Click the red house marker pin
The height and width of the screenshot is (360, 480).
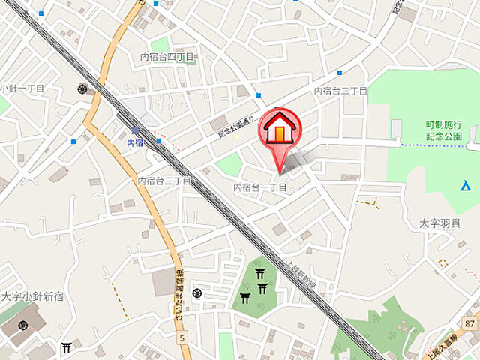click(279, 131)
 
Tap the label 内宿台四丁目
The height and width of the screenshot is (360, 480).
click(167, 57)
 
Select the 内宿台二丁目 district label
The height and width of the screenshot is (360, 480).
click(340, 91)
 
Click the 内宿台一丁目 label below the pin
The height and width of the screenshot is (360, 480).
click(260, 187)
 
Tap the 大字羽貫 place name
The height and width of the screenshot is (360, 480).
click(439, 223)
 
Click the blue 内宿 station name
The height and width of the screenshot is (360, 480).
click(135, 142)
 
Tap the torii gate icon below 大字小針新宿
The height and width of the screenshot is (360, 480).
click(66, 347)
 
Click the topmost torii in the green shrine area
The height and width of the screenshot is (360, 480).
click(260, 273)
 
